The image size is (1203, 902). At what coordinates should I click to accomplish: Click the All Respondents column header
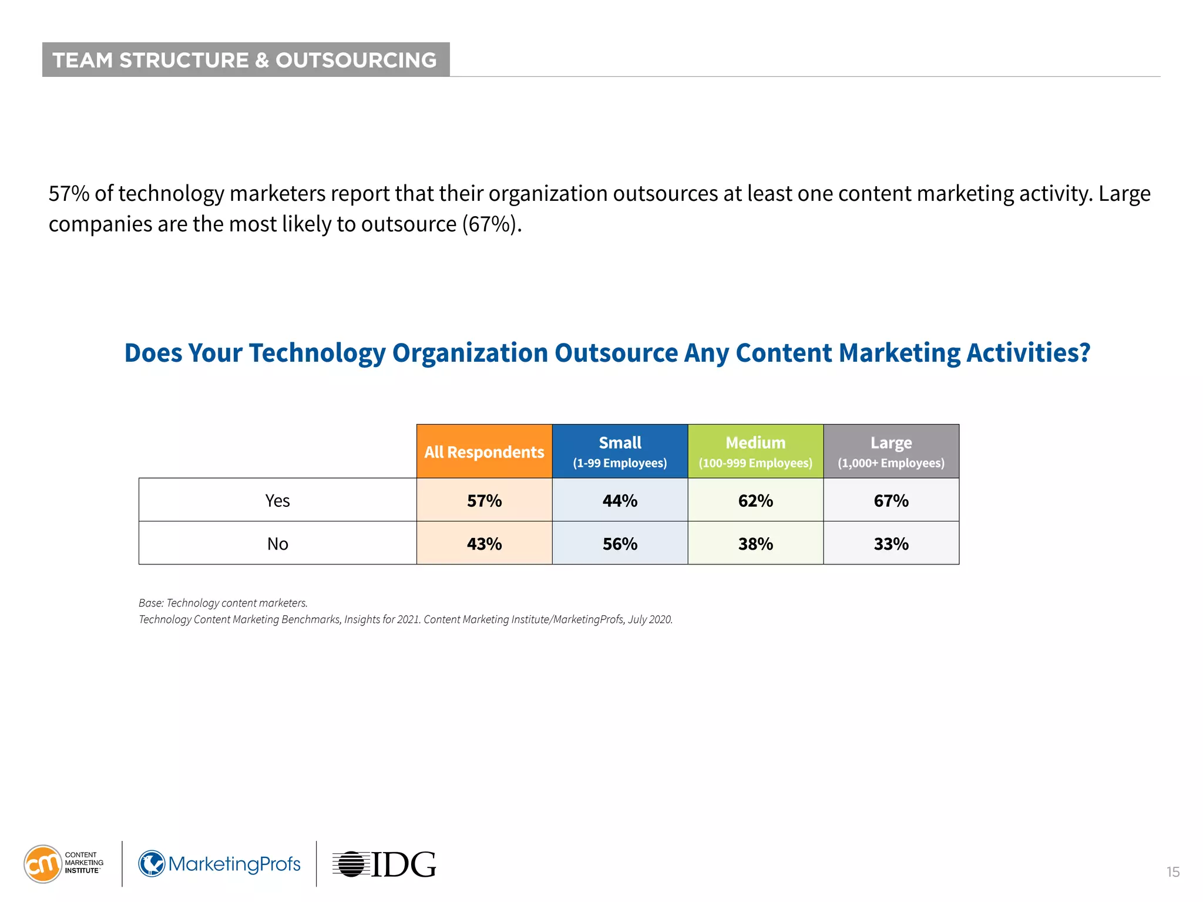[484, 452]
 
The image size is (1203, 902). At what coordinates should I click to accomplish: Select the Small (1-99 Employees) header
[620, 452]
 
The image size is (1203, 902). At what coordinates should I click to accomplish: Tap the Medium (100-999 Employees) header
[755, 452]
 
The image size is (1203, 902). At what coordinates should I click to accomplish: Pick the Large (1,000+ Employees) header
[891, 452]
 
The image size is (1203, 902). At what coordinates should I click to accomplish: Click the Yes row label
[277, 500]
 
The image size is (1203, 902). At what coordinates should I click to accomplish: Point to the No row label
[277, 544]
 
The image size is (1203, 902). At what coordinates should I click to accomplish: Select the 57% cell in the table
[484, 500]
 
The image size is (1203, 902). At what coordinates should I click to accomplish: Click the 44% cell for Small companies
[620, 500]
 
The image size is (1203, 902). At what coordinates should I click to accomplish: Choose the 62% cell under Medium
[755, 500]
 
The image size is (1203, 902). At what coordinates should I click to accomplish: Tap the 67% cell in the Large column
[891, 500]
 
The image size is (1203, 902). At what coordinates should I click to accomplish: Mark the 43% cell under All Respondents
[484, 544]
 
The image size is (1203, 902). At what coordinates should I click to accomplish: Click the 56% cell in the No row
[620, 544]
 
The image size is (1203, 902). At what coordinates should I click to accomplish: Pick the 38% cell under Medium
[755, 544]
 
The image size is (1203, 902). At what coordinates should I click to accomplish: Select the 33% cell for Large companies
[891, 544]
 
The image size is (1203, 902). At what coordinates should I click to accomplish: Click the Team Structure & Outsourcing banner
[246, 60]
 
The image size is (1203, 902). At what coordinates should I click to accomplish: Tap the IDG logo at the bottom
[385, 864]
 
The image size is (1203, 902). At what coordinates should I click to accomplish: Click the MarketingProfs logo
[220, 864]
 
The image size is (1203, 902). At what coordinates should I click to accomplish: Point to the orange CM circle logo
[42, 864]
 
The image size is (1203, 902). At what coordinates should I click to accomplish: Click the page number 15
[1172, 872]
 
